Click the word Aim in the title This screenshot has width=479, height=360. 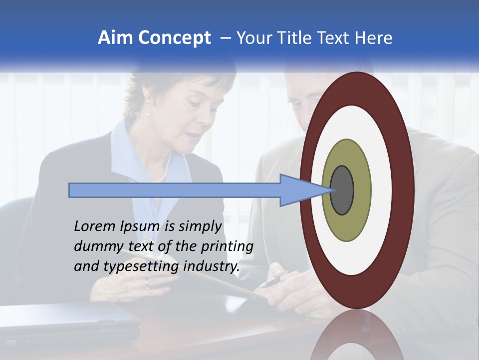pyautogui.click(x=115, y=38)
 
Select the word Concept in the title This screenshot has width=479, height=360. pyautogui.click(x=174, y=38)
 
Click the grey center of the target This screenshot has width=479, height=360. pyautogui.click(x=342, y=190)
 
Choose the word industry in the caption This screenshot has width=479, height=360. pyautogui.click(x=212, y=266)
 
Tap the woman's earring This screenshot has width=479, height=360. pyautogui.click(x=148, y=114)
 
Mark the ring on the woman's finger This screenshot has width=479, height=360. pyautogui.click(x=147, y=283)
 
